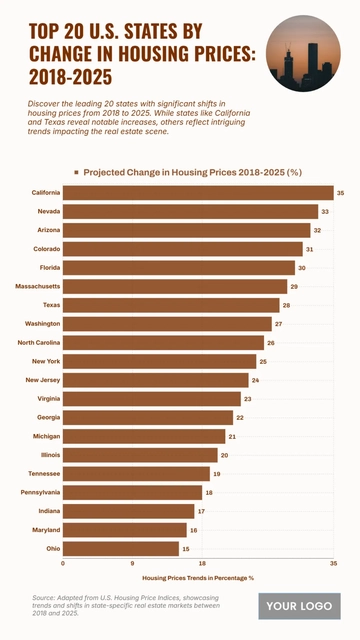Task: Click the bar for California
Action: [x=198, y=193]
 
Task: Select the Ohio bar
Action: [x=121, y=549]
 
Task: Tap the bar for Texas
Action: [x=171, y=305]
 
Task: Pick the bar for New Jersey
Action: [x=156, y=380]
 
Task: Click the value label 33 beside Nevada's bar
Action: [x=325, y=212]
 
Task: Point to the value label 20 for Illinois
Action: [x=224, y=455]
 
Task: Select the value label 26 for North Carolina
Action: [x=271, y=343]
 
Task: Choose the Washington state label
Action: [x=43, y=324]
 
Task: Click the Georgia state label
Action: [x=48, y=417]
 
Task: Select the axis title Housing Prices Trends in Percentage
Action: [x=198, y=578]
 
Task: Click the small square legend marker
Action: [x=76, y=172]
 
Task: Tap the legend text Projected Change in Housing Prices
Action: [x=192, y=172]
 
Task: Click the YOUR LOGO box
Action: [x=299, y=606]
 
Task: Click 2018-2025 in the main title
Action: [x=71, y=76]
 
